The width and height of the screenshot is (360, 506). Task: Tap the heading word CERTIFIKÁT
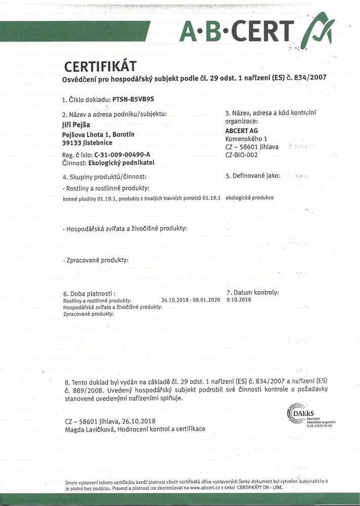click(100, 67)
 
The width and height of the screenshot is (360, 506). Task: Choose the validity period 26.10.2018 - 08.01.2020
click(190, 300)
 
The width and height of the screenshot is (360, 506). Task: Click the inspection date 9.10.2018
click(239, 300)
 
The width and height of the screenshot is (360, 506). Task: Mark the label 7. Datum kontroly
click(252, 292)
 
